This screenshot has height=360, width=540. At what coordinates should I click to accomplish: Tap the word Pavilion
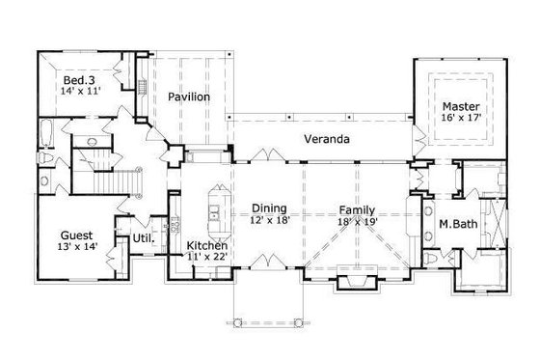click(188, 97)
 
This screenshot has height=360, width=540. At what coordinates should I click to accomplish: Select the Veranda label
click(327, 139)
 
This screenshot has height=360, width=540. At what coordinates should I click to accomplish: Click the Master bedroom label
click(461, 106)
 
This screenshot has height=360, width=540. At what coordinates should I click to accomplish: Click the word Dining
click(269, 208)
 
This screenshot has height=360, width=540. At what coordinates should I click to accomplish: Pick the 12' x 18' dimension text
click(269, 221)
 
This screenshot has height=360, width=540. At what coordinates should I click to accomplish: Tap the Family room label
click(357, 208)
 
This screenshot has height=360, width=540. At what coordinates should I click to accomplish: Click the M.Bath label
click(458, 225)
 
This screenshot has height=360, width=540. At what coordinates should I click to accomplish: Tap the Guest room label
click(76, 234)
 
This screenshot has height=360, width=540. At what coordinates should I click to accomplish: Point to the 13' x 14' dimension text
click(77, 248)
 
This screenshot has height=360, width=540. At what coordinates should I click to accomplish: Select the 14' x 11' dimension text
click(80, 90)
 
